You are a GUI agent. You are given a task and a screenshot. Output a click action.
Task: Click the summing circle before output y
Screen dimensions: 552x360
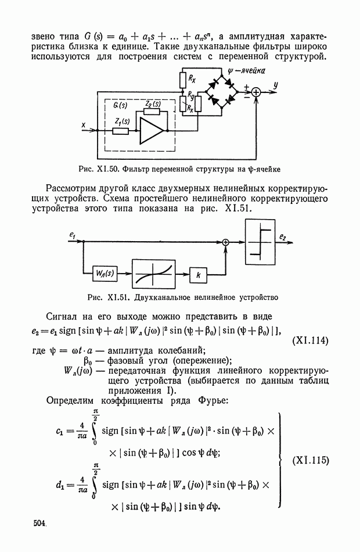click(256, 91)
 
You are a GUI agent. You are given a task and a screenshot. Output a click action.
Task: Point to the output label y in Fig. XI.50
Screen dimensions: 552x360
click(276, 85)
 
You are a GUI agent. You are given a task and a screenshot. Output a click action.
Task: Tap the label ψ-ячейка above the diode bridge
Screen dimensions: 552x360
click(247, 72)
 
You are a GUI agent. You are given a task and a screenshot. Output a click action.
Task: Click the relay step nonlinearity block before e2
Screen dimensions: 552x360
click(260, 238)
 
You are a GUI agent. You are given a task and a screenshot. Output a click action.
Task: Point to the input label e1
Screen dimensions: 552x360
click(71, 234)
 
